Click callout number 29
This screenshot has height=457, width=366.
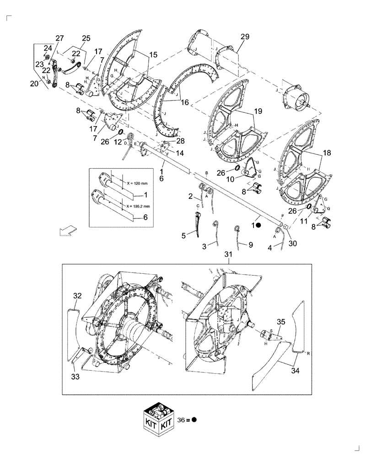245,37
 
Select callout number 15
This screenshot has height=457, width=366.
153,54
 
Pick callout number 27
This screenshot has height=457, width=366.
60,38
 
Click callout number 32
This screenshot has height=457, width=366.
77,296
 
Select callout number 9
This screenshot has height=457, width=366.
250,245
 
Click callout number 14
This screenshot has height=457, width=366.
180,153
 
